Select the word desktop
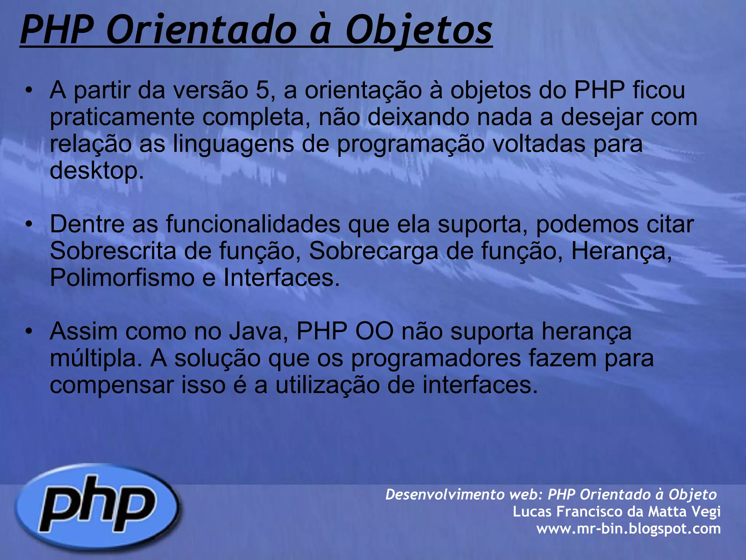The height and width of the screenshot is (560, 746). point(97,171)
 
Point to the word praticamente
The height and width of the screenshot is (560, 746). point(122,117)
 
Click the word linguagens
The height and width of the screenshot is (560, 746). point(233,144)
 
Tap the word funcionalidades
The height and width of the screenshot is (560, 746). point(253,224)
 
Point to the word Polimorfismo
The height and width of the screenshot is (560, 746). point(122,278)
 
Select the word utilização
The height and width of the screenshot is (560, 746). point(327,385)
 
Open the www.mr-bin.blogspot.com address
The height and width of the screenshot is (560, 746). point(628,528)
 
